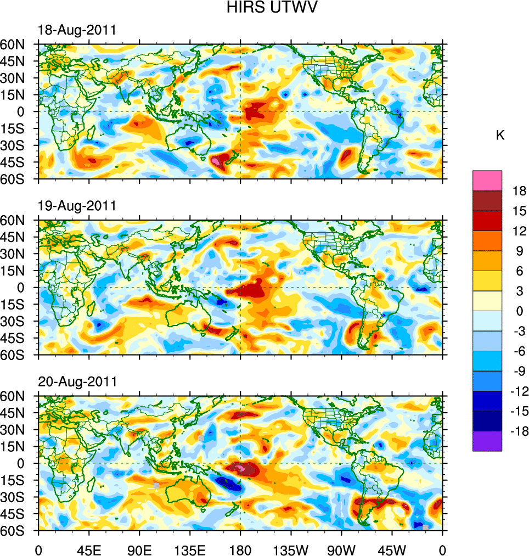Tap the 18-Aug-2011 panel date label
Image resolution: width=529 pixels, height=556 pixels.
click(x=77, y=30)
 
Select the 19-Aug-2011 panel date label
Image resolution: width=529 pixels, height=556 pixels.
click(x=77, y=206)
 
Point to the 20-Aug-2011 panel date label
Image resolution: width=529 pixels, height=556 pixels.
click(x=77, y=381)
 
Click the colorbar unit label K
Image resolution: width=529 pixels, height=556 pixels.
click(x=500, y=136)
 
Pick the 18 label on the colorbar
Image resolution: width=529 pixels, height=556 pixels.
click(x=519, y=191)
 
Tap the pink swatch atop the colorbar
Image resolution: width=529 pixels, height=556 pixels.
click(x=487, y=180)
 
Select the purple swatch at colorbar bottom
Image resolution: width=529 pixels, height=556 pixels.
click(x=487, y=441)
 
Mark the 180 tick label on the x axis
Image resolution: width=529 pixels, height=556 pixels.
click(x=240, y=549)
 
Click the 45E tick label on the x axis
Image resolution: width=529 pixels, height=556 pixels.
click(x=89, y=549)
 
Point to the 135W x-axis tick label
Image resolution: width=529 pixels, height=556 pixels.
click(x=291, y=549)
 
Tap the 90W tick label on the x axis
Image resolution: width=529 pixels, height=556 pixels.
click(x=341, y=549)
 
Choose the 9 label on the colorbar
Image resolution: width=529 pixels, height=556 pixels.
click(x=519, y=251)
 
